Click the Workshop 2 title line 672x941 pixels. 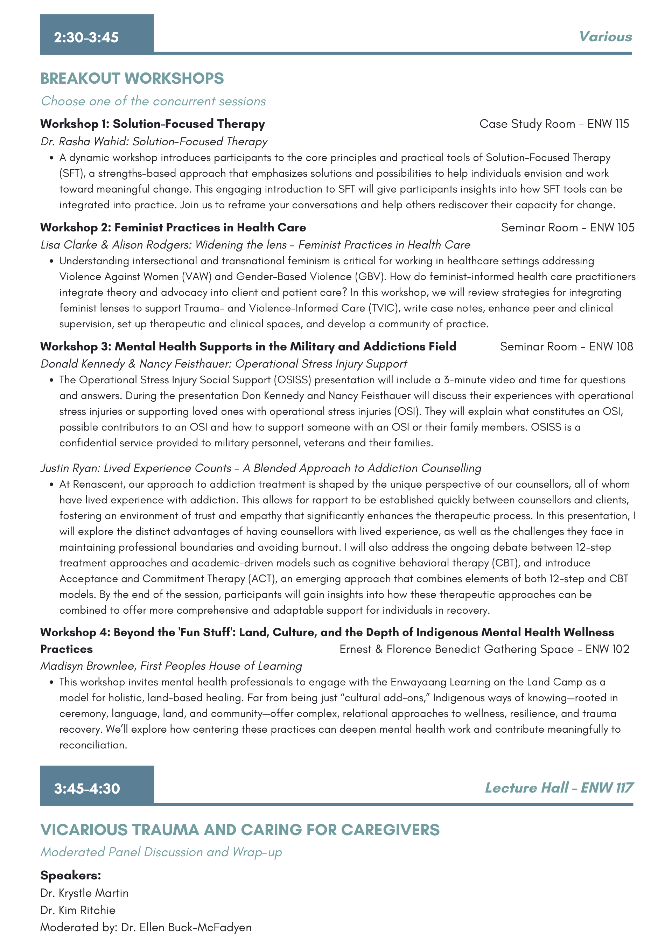[173, 227]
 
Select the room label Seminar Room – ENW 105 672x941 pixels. [567, 227]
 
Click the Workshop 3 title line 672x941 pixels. [248, 346]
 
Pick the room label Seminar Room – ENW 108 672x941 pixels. [566, 346]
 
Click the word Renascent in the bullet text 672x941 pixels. [98, 484]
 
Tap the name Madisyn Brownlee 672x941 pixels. [87, 666]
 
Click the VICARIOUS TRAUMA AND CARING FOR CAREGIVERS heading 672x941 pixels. [240, 830]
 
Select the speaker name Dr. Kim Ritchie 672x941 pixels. [78, 910]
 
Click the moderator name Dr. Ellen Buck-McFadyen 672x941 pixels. [186, 927]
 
